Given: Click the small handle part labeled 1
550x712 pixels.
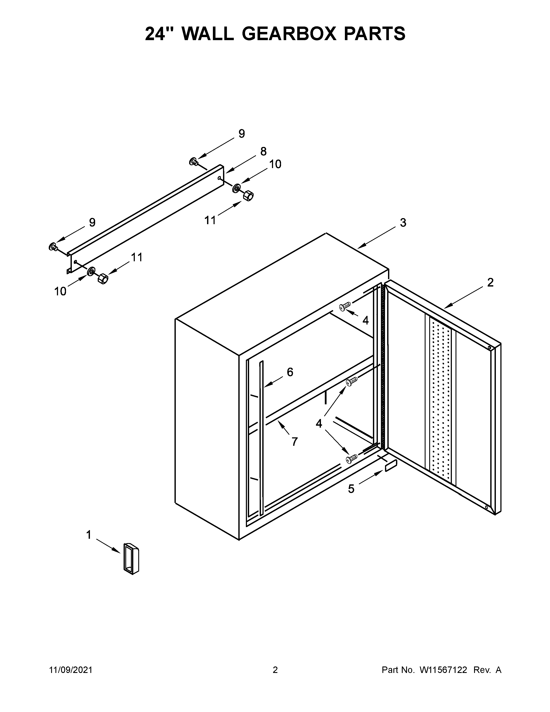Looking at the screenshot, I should tap(131, 558).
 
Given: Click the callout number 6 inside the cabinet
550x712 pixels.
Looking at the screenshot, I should tap(290, 372).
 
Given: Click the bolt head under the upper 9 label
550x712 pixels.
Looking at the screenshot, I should tap(193, 161).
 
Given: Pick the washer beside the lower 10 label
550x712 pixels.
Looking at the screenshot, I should tap(91, 270).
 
